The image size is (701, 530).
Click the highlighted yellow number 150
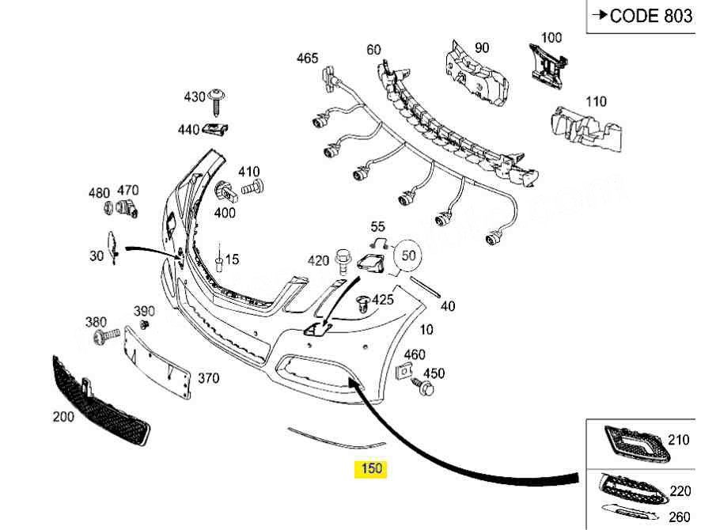[x=371, y=468]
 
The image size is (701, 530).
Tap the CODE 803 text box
[x=642, y=16]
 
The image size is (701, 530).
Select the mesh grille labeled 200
[x=100, y=401]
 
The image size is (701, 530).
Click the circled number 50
[x=408, y=256]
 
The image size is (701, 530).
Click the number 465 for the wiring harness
[x=307, y=58]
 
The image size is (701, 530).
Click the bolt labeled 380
[x=104, y=338]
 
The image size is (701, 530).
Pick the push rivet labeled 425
[x=364, y=301]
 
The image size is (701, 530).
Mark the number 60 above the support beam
[x=373, y=49]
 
